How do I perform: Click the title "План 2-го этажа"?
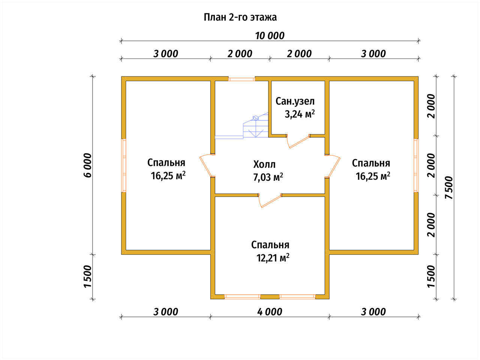[x=240, y=17]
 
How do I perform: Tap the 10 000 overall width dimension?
[x=270, y=36]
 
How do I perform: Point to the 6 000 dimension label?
[x=88, y=165]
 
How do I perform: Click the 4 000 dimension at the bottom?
[x=270, y=312]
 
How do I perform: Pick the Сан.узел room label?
[x=295, y=101]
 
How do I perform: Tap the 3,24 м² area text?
[x=300, y=114]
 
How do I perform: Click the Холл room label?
[x=264, y=164]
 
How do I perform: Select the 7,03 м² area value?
[x=268, y=177]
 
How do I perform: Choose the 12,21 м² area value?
[x=273, y=258]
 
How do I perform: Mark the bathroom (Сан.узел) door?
[x=298, y=141]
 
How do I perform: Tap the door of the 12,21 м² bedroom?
[x=270, y=200]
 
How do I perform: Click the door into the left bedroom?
[x=207, y=165]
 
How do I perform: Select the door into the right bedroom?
[x=333, y=166]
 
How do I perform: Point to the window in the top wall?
[x=241, y=79]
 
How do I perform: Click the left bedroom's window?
[x=124, y=165]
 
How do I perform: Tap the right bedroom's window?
[x=416, y=165]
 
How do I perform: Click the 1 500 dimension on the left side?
[x=88, y=276]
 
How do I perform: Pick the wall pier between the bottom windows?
[x=270, y=297]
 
